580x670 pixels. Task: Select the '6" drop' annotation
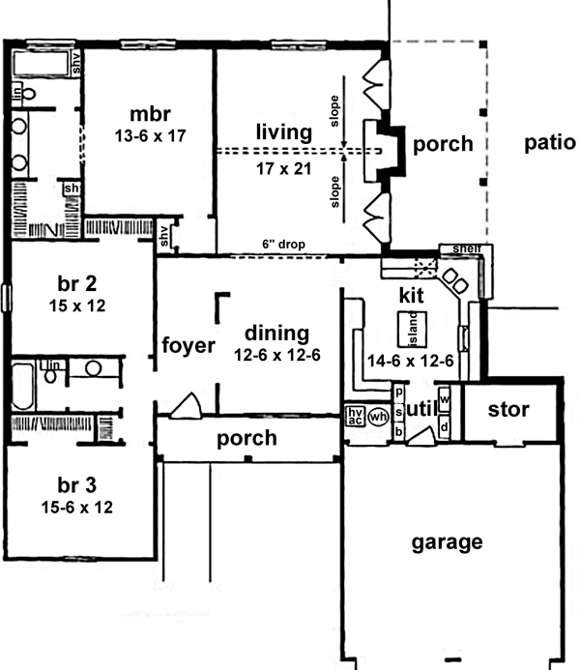point(283,246)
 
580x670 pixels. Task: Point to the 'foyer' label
point(188,346)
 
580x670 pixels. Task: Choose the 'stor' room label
point(508,410)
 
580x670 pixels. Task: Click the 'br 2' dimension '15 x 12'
point(77,306)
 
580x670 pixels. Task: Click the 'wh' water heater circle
point(378,417)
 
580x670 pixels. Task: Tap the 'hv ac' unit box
point(354,416)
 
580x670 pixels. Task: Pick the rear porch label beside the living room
point(442,145)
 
